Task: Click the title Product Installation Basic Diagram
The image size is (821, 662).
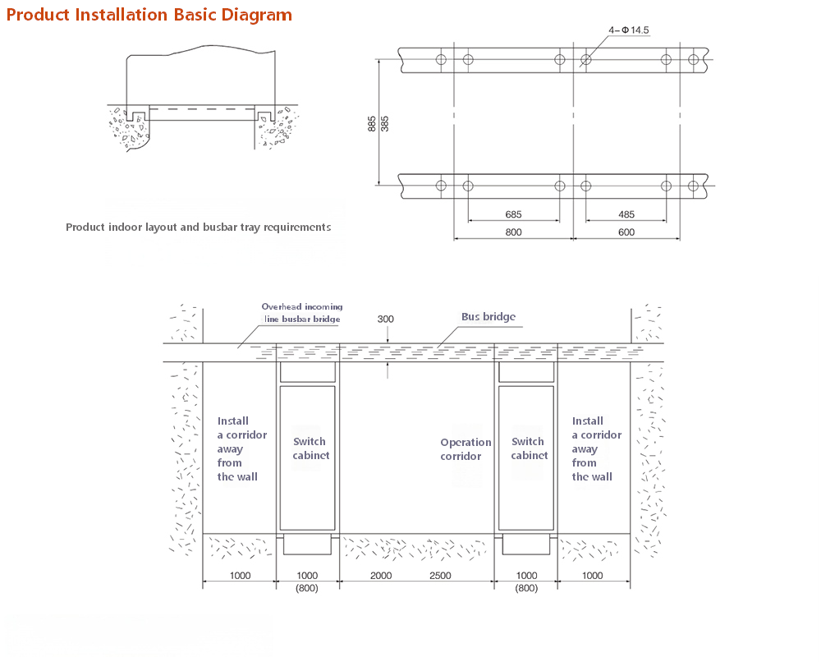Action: (x=149, y=15)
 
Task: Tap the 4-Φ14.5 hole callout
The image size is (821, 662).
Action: (x=628, y=30)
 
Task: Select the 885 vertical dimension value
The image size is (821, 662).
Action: (x=372, y=123)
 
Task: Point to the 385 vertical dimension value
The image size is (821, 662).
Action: (x=385, y=123)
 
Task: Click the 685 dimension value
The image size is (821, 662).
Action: (x=513, y=214)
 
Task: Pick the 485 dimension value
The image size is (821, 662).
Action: (x=626, y=214)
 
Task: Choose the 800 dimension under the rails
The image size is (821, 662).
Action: (x=513, y=232)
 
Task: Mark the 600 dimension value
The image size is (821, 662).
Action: (x=626, y=232)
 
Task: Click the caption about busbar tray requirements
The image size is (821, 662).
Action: (x=199, y=228)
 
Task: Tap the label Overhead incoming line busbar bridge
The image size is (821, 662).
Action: (x=302, y=313)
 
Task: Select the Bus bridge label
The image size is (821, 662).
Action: (x=488, y=317)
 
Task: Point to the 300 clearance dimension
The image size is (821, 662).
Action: (x=385, y=319)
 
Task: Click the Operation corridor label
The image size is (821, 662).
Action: (x=466, y=449)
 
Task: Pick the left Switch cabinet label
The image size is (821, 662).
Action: (x=310, y=448)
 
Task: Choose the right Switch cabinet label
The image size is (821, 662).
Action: (x=529, y=448)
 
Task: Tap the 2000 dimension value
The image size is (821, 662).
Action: (x=381, y=576)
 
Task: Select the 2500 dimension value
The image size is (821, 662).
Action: (x=440, y=576)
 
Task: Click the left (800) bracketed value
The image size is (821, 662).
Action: (x=307, y=588)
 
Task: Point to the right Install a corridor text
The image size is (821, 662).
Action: (x=596, y=448)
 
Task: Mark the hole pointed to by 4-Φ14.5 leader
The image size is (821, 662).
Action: (x=586, y=60)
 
